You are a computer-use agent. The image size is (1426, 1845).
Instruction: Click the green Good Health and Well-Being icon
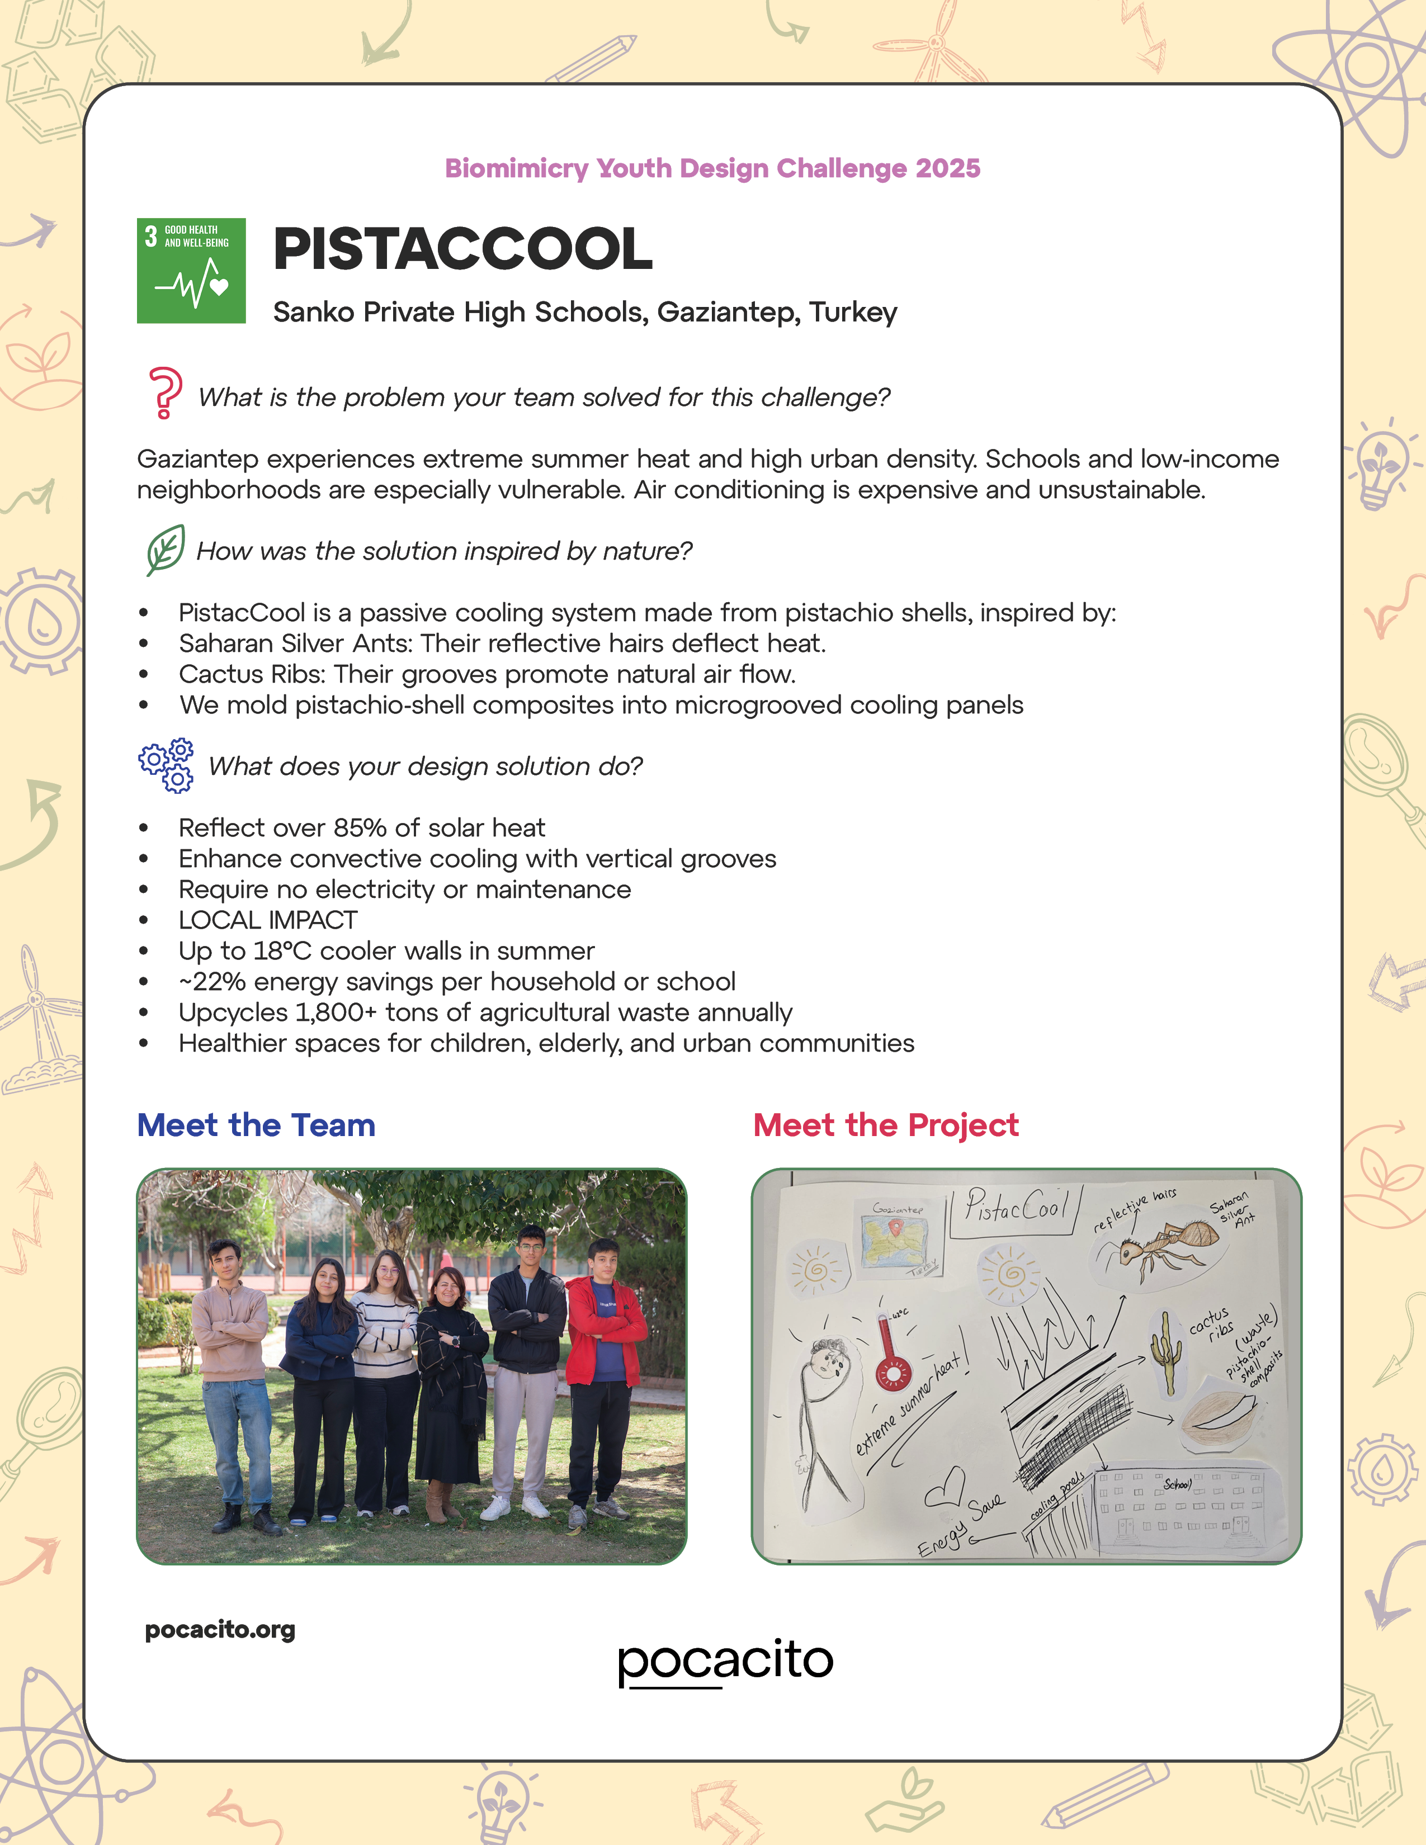(x=191, y=271)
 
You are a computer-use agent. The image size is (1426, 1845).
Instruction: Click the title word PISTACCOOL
(x=463, y=249)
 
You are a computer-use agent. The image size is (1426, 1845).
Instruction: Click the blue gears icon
(x=167, y=765)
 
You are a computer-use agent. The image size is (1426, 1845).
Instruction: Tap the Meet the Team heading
(x=256, y=1125)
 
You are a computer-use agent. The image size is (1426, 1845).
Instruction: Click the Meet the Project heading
(x=885, y=1125)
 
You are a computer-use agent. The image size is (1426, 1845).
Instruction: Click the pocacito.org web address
(x=220, y=1630)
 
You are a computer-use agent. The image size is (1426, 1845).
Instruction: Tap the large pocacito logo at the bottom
(x=725, y=1661)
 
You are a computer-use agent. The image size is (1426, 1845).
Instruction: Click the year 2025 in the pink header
(x=948, y=168)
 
